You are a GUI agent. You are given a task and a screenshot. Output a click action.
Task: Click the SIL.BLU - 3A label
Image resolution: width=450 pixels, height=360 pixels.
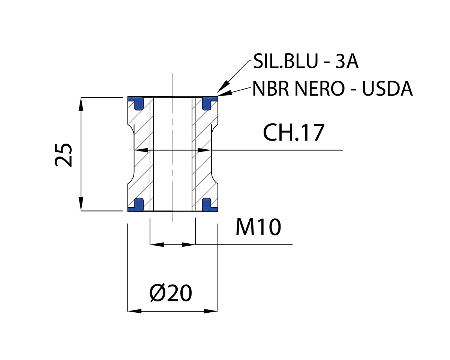(x=306, y=62)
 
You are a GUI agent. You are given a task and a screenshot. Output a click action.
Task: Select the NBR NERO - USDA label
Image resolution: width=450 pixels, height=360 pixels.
(x=332, y=89)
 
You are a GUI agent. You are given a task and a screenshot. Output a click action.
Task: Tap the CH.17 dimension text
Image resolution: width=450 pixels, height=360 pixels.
(x=293, y=133)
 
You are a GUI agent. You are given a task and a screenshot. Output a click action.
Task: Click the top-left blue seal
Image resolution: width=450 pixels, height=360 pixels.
(x=136, y=102)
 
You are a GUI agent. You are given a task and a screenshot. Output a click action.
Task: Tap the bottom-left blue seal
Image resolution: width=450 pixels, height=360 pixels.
(x=136, y=204)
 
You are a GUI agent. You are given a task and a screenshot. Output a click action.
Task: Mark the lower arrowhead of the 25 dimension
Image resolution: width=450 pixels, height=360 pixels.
(x=81, y=205)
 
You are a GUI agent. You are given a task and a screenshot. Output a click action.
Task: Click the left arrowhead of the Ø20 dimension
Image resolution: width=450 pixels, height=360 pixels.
(x=134, y=311)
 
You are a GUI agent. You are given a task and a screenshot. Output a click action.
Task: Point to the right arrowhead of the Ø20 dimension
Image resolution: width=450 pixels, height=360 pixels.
(x=211, y=311)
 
